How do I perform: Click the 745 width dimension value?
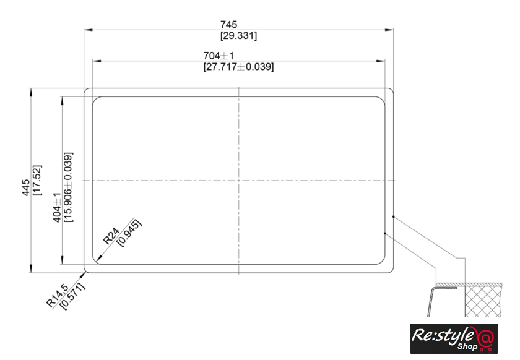coord(229,25)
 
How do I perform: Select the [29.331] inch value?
coord(239,35)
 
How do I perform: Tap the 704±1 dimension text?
coord(219,56)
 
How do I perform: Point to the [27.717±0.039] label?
coord(239,67)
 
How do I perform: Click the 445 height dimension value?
coord(26,187)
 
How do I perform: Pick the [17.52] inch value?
coord(37,180)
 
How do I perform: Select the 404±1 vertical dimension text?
coord(57,207)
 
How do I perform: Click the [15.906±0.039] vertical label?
coord(68,187)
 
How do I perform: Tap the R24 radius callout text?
coord(111,236)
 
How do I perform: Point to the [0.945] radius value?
coord(129,233)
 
